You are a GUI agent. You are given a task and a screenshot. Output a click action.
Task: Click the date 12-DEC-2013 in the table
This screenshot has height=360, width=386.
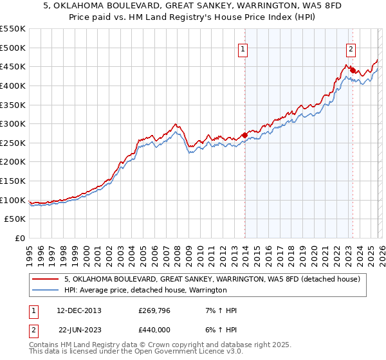tap(80, 310)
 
